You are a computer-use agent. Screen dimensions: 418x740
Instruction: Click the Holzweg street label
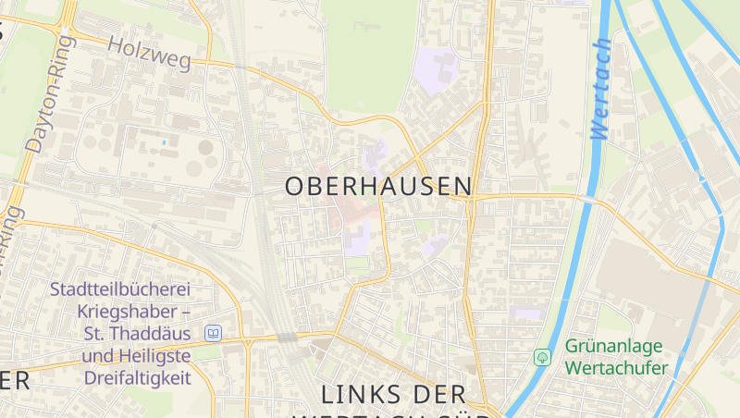coord(149,54)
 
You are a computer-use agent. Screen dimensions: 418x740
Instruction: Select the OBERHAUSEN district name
coord(378,186)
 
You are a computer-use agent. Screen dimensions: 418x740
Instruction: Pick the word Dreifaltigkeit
coord(137,378)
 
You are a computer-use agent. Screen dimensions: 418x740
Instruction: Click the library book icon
coord(214,333)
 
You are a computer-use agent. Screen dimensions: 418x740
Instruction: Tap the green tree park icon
coord(542,357)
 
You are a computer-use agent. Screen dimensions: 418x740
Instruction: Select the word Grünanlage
coord(614,347)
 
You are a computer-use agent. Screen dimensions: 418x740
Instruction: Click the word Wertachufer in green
coord(618,369)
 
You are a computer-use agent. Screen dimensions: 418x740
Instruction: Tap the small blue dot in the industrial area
coord(165,142)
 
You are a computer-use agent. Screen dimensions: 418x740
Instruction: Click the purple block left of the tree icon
coord(527,314)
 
